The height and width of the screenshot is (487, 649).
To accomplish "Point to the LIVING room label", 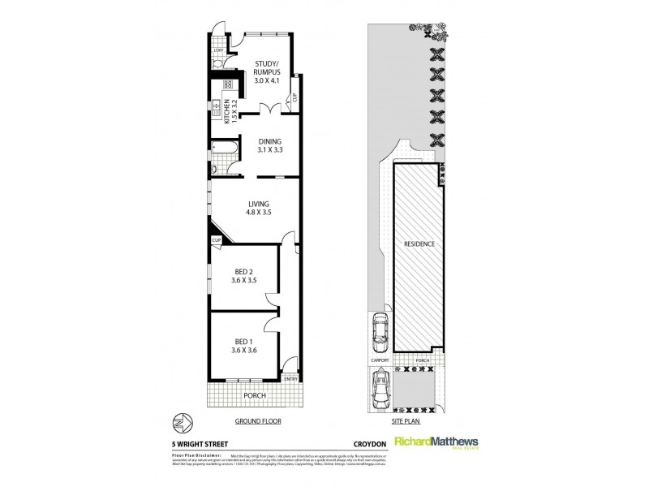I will pyautogui.click(x=260, y=209).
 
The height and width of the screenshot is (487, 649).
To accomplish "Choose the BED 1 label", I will pyautogui.click(x=243, y=345).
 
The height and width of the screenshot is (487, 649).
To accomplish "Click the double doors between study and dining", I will pyautogui.click(x=270, y=111).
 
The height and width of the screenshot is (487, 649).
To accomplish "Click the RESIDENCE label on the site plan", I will pyautogui.click(x=419, y=243).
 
